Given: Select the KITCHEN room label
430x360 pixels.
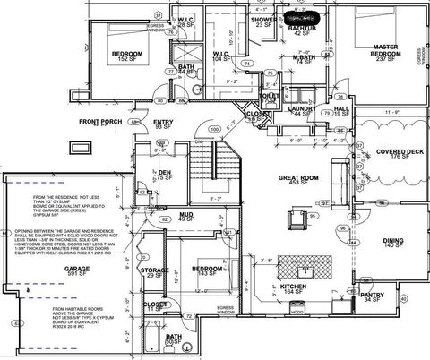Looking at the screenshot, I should (x=269, y=287).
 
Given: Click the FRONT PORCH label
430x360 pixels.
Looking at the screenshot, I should (x=100, y=121).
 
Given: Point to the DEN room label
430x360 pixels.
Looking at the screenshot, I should (x=165, y=172).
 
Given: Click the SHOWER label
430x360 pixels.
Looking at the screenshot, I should (x=263, y=19).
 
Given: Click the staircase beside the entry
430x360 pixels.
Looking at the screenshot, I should (x=224, y=163).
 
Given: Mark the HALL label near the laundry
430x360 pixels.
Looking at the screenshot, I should (x=341, y=108).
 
